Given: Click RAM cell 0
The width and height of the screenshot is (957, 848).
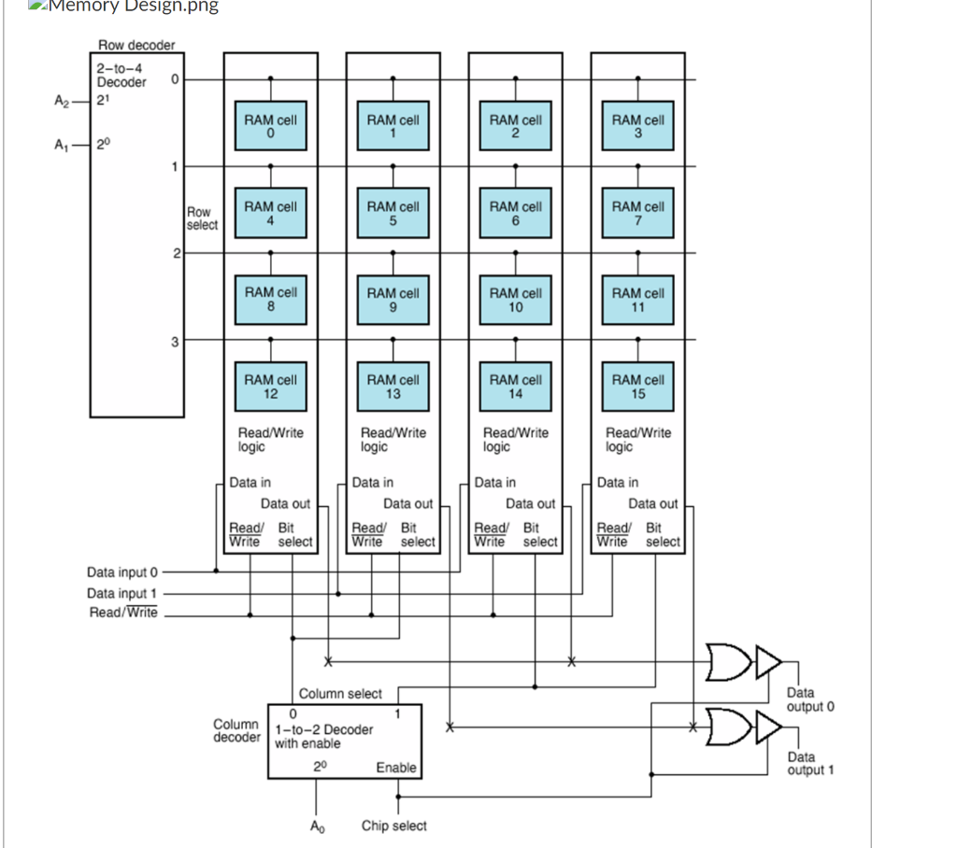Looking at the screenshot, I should (271, 126).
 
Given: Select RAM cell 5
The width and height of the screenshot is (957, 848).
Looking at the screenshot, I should (393, 213).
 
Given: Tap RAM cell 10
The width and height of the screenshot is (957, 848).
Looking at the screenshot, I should (516, 299).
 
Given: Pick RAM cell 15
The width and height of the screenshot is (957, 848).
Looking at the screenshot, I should (638, 386).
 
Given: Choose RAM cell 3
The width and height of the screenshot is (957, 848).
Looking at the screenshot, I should (638, 126).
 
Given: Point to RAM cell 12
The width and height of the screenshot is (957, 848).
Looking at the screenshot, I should (271, 386).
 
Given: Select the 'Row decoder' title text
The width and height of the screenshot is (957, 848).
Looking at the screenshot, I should (136, 45).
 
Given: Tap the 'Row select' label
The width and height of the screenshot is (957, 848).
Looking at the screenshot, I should (202, 219).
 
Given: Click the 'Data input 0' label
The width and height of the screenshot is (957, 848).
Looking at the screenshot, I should (122, 572).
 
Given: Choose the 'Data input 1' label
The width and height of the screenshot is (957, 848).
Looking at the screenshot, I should (122, 593).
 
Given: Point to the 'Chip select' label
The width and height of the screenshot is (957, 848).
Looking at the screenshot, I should (393, 826).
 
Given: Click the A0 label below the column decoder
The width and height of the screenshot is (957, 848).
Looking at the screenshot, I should (318, 826).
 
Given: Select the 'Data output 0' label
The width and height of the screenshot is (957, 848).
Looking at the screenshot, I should (809, 700).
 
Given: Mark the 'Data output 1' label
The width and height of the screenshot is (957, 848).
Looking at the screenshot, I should (809, 763).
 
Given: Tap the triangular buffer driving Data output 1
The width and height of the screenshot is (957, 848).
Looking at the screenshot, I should (768, 726).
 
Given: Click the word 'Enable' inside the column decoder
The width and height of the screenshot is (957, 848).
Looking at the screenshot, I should (396, 767).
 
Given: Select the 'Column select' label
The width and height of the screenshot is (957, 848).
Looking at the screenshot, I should (340, 694).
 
